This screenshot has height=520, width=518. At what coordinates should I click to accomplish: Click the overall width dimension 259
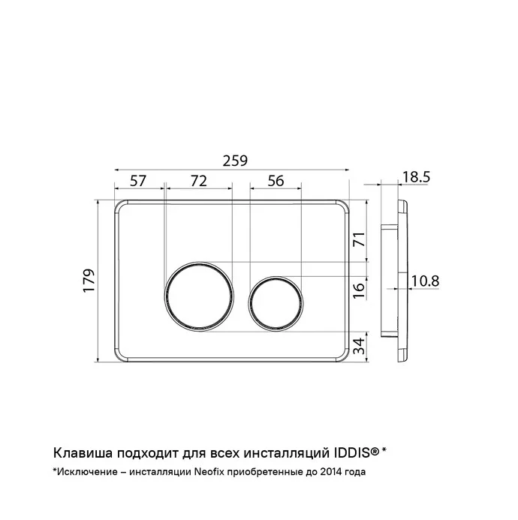click(x=235, y=161)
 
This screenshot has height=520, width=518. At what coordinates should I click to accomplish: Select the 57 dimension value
click(x=137, y=181)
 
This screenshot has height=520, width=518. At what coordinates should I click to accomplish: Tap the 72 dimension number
click(x=199, y=181)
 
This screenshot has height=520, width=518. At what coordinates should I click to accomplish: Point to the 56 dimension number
click(x=276, y=181)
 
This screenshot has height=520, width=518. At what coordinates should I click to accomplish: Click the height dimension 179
click(x=89, y=281)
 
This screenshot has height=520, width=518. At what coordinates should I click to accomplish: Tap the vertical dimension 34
click(x=359, y=346)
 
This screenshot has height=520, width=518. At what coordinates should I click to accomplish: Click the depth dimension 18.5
click(x=416, y=177)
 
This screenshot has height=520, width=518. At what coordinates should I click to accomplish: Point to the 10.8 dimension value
click(x=426, y=281)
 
